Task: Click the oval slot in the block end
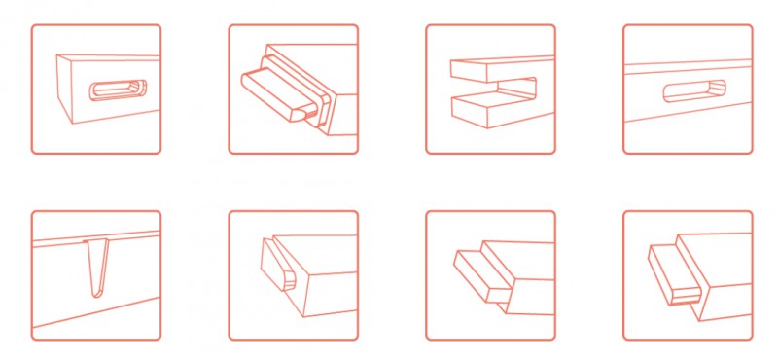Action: [x=117, y=90]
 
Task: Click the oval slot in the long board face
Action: [x=694, y=91]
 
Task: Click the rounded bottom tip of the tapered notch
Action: [x=95, y=292]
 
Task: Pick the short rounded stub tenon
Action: [x=276, y=267]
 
